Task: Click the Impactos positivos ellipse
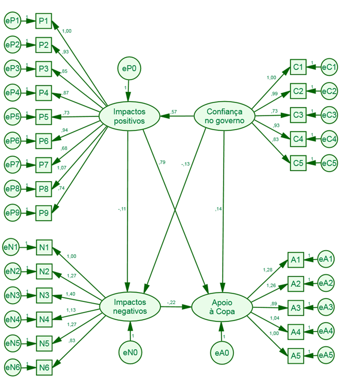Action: coord(129,116)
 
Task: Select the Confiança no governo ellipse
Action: coord(224,116)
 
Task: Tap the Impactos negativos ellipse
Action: coord(130,306)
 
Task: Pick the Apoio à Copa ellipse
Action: coord(221,306)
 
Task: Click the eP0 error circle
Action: coord(129,69)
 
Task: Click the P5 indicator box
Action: coord(43,116)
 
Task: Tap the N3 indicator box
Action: coord(44,296)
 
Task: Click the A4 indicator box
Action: coord(295,331)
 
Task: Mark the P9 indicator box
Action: coord(43,212)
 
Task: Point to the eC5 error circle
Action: coord(329,163)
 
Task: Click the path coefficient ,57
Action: coord(174,111)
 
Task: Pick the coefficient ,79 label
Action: coord(162,162)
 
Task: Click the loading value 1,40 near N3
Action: coord(70,294)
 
